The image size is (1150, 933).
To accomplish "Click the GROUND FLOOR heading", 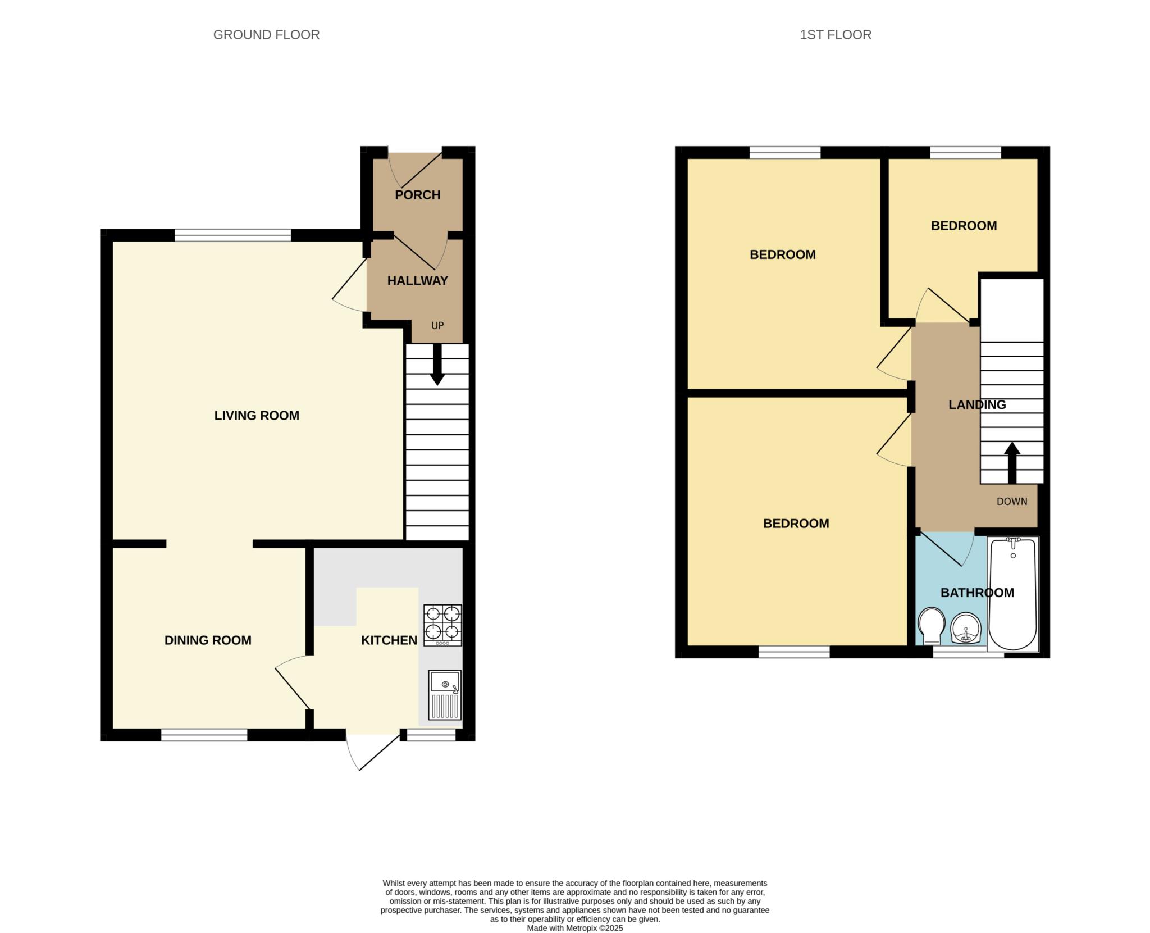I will point(266,35).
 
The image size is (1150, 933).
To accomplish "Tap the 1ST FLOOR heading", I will point(835,35).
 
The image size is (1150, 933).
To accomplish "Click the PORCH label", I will point(417,195).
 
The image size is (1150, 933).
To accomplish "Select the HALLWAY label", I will point(417,280).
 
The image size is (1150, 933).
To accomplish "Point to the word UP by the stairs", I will point(437,326).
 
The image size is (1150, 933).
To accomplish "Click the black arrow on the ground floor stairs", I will point(437,366).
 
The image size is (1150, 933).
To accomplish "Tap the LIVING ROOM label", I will point(257,415).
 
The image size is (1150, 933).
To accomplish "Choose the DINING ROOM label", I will point(208,640).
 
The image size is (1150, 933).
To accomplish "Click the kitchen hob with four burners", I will point(442,625).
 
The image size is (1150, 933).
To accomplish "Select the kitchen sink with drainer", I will point(444,694).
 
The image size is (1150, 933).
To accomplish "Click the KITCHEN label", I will point(389,640).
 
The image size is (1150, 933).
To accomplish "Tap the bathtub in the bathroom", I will point(1012,594).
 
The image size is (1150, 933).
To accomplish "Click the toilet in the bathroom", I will point(930,626).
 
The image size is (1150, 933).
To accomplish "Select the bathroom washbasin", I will point(965,627).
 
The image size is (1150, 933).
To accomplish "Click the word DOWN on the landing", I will point(1011,502).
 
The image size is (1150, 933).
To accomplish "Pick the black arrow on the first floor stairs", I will point(1012,462).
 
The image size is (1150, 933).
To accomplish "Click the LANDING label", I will point(977,404).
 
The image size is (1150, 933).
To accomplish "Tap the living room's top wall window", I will point(232,235).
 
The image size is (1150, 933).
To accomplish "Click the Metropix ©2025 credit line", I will point(574,928).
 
